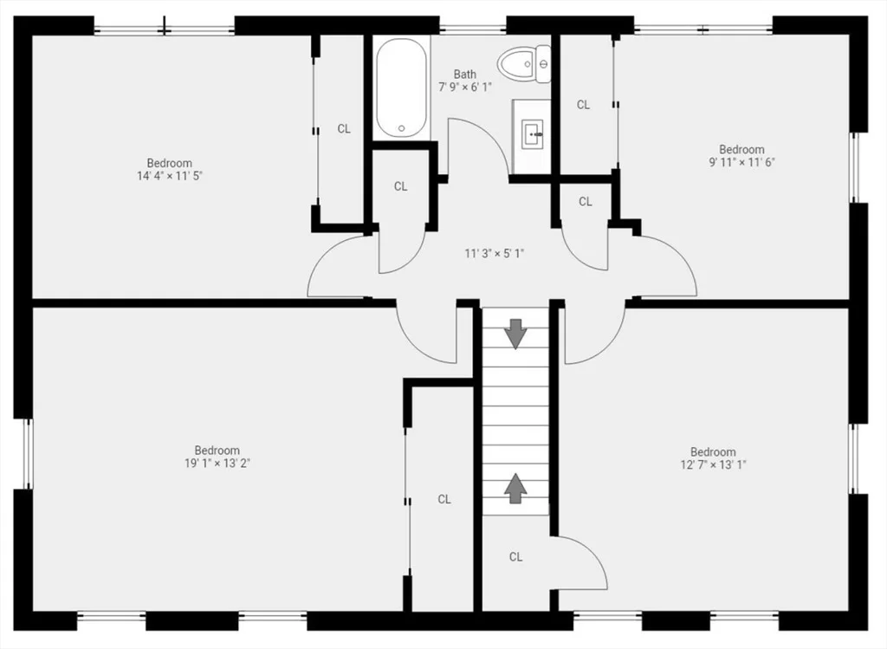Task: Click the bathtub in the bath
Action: point(401,88)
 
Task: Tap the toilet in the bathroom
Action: point(524,64)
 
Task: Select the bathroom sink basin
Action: point(532,134)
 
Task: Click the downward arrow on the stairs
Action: point(515,334)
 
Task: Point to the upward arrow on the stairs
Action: point(515,489)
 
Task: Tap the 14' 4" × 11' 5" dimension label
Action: point(169,176)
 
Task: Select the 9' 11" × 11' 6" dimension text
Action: point(741,162)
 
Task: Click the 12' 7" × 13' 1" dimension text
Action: point(713,465)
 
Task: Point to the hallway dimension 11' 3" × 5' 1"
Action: point(495,254)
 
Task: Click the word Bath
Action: point(465,75)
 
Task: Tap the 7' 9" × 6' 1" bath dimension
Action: point(465,88)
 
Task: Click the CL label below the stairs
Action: point(515,557)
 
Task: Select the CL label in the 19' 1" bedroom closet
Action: point(444,499)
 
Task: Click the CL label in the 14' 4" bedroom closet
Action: point(344,129)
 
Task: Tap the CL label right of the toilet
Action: point(583,105)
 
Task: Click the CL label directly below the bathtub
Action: point(400,186)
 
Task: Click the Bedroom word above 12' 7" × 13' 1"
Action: point(713,452)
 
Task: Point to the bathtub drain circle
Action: point(401,128)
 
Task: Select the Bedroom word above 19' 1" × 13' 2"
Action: point(217,451)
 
